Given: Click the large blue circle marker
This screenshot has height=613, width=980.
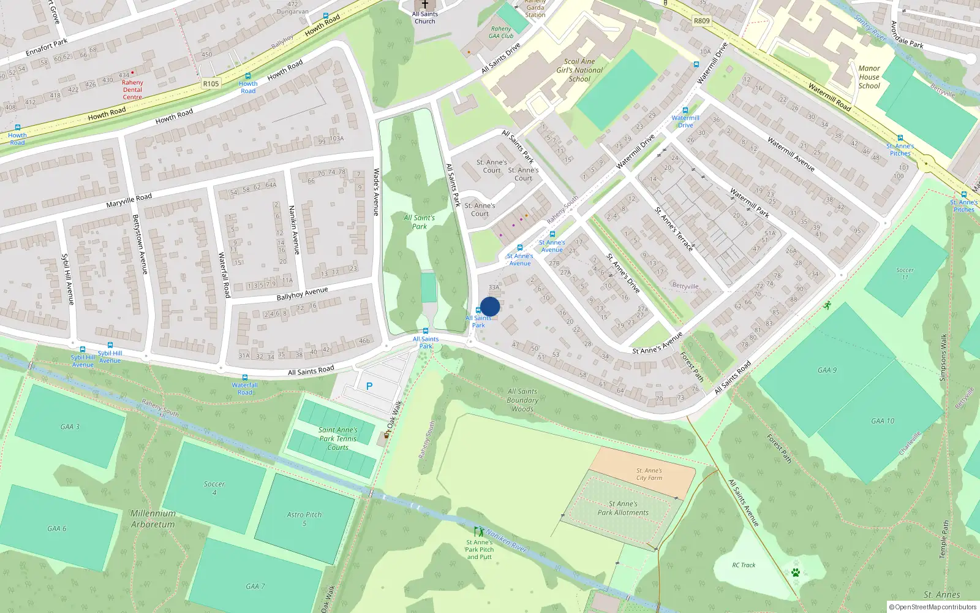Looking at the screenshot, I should click(x=490, y=306).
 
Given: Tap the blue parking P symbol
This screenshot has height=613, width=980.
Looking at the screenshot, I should click(x=369, y=386).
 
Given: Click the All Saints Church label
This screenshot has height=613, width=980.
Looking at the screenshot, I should click(x=424, y=17).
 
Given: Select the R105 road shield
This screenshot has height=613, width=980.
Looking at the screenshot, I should click(x=211, y=83).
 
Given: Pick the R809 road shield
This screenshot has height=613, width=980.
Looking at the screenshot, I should click(x=702, y=21).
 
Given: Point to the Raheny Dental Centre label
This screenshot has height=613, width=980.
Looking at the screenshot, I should click(x=132, y=89).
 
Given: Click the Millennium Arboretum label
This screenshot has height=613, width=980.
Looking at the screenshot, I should click(x=153, y=519).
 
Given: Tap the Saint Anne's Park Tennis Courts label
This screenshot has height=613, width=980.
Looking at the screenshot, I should click(x=337, y=438).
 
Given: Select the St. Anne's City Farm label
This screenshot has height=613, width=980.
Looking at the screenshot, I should click(x=649, y=474).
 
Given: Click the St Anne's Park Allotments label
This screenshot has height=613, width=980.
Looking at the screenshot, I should click(x=623, y=508).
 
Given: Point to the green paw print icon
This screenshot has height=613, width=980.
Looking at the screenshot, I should click(x=795, y=573).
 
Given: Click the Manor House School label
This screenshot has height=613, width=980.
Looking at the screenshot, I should click(x=869, y=77).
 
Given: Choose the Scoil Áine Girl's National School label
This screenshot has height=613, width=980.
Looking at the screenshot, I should click(x=579, y=70).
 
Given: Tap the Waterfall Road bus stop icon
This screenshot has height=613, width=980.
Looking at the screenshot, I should click(x=245, y=378).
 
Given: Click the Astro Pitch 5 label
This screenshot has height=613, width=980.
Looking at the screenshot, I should click(x=304, y=519).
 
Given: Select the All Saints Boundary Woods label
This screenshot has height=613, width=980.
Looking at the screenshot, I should click(x=522, y=400).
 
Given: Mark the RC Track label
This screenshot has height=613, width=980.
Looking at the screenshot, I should click(x=744, y=565).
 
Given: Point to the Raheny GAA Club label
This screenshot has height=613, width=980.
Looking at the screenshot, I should click(x=501, y=32).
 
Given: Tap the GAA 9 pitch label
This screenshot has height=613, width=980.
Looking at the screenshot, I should click(x=827, y=370).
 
